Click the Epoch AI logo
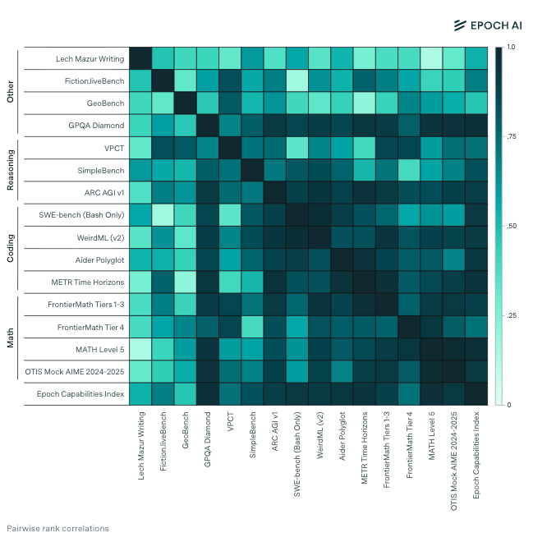(487, 25)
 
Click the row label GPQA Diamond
(97, 126)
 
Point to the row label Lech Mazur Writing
(90, 59)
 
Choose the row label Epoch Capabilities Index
(80, 394)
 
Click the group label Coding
(11, 249)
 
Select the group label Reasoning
(11, 171)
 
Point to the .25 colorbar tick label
(511, 315)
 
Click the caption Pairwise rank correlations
(57, 529)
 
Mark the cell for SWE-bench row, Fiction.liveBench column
(163, 215)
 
